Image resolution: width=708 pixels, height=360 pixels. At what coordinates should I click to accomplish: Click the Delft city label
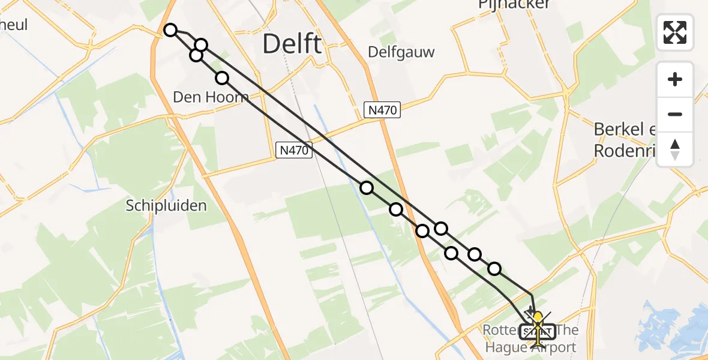click(x=292, y=44)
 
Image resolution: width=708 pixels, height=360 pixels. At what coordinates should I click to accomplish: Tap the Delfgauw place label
click(x=394, y=51)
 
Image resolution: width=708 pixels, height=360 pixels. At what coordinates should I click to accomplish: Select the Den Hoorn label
click(x=210, y=97)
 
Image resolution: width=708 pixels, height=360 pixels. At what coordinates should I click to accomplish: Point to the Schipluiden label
click(x=166, y=205)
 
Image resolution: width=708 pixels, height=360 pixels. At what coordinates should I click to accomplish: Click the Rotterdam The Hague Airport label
click(x=530, y=339)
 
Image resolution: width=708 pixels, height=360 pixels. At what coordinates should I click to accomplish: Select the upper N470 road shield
click(x=382, y=109)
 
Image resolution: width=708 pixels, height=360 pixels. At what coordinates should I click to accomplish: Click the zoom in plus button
click(x=675, y=80)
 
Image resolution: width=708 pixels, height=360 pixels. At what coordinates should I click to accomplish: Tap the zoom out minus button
click(x=675, y=114)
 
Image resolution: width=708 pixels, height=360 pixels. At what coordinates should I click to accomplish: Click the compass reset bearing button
click(x=675, y=149)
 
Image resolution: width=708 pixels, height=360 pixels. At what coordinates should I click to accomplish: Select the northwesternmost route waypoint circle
click(x=170, y=30)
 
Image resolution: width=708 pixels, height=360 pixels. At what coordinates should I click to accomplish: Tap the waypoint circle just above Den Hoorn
click(x=222, y=77)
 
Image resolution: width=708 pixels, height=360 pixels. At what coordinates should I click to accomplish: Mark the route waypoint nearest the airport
click(x=494, y=269)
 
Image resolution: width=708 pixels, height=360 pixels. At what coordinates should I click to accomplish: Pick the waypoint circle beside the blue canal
click(x=366, y=188)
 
